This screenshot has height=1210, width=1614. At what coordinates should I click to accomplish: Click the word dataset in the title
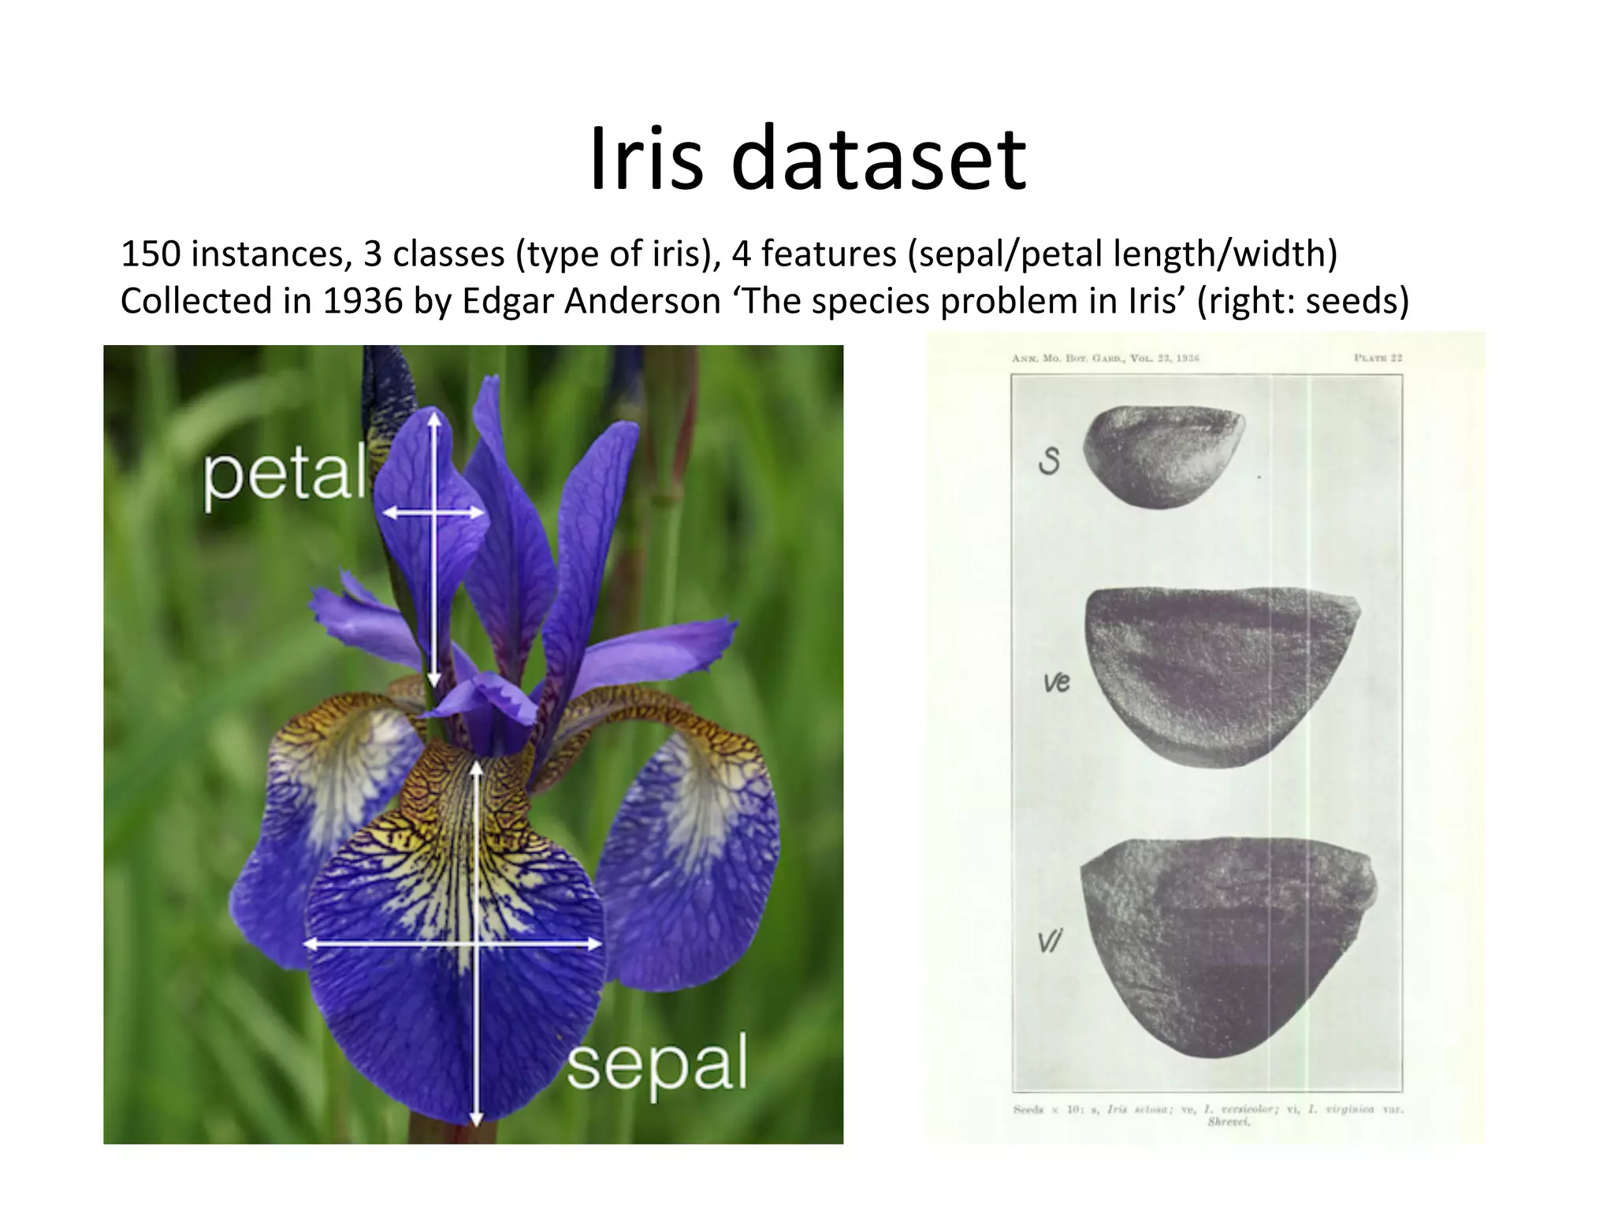tap(879, 160)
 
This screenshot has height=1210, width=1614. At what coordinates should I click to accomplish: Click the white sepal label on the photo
tap(656, 1063)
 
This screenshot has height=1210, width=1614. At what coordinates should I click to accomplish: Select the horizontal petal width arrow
tap(433, 513)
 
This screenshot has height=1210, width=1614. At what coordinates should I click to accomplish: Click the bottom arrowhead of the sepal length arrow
tap(476, 1118)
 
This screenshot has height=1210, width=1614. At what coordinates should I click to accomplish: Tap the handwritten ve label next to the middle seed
tap(1056, 681)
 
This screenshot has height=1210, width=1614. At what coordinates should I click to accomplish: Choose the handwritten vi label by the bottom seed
tap(1050, 941)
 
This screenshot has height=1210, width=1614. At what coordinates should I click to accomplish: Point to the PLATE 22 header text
tap(1378, 358)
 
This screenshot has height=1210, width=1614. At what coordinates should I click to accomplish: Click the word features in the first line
tap(828, 254)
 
